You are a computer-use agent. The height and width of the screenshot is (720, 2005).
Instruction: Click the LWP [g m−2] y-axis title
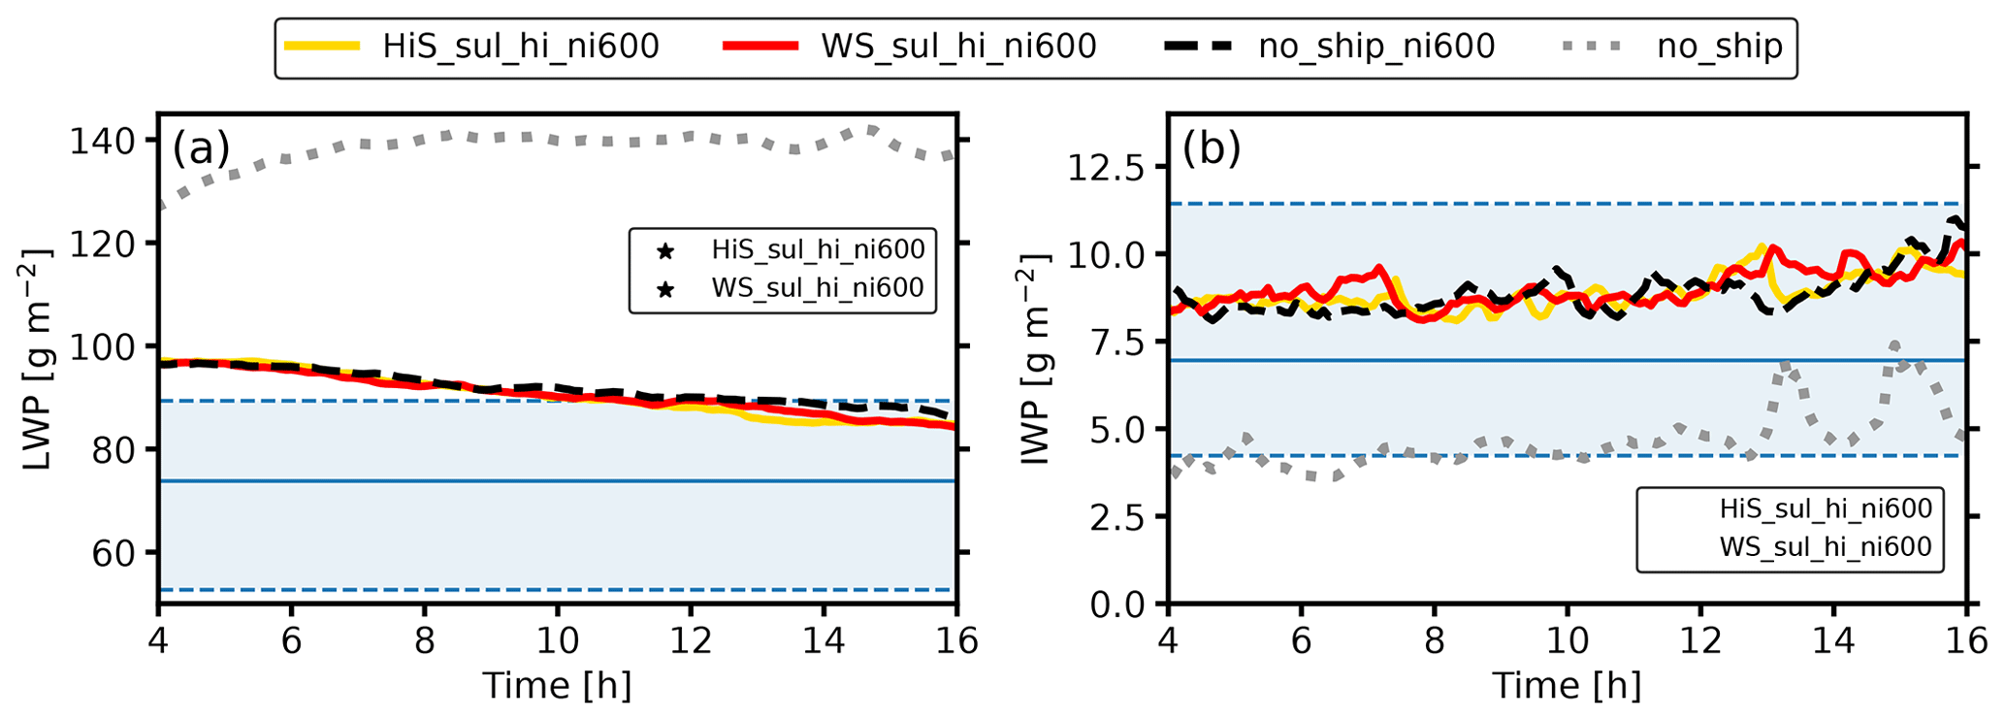(39, 360)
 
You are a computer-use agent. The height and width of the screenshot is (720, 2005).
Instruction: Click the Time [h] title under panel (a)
(557, 686)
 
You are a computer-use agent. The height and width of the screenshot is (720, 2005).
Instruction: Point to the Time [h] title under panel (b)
(1567, 686)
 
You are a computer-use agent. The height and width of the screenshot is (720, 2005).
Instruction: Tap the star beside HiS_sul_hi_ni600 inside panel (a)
(664, 251)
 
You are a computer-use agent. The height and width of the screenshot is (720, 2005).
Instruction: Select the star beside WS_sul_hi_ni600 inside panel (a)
(664, 289)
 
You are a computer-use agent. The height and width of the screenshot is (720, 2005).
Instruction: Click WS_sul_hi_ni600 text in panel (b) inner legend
(1826, 547)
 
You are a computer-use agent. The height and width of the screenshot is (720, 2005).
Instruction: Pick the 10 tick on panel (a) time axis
(557, 641)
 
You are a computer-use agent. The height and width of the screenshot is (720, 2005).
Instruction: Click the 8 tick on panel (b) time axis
(1434, 641)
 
